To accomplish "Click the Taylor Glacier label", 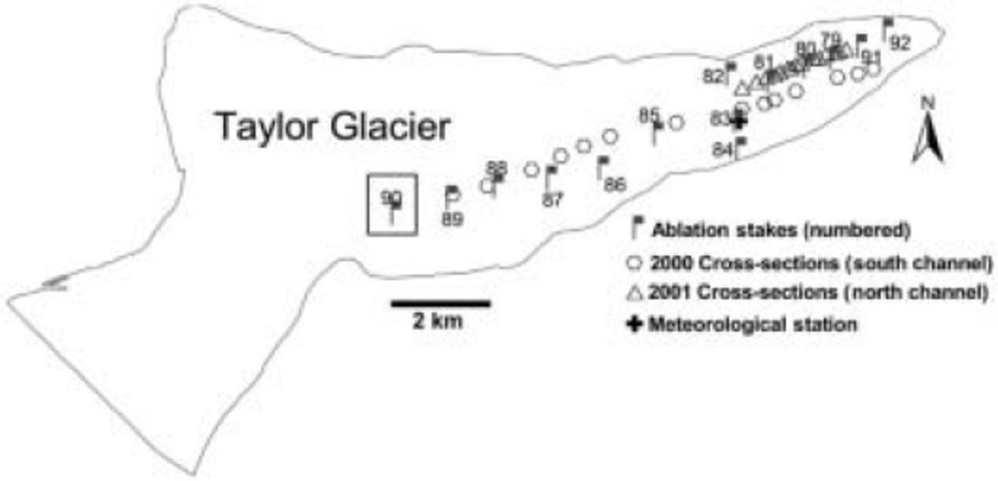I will pos(334,128).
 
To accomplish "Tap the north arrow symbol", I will pos(927,140).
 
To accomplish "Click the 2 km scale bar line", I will pos(441,304).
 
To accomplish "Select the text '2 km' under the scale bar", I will pos(437,321).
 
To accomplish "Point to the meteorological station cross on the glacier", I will pos(740,122).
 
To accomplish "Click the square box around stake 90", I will pos(391,205).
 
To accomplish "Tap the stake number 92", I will pos(900,43).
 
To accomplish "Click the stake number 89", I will pos(452,219).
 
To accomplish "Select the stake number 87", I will pos(552,200).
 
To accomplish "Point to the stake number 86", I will pos(614,185).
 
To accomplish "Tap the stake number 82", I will pos(713,77).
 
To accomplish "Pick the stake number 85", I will pos(649,114).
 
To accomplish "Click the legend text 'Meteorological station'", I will pos(752,324).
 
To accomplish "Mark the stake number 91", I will pos(871,56).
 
